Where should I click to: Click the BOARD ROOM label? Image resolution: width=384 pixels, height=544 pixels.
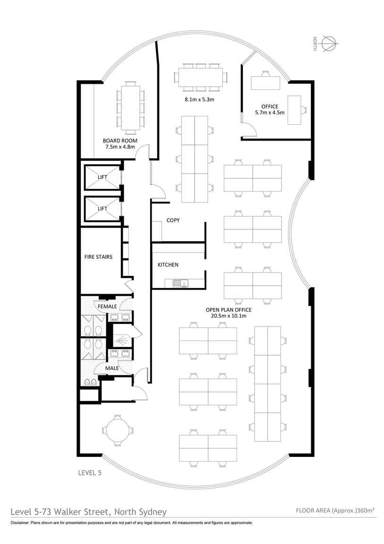pos(120,140)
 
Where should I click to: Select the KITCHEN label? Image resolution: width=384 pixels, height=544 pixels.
pos(168,265)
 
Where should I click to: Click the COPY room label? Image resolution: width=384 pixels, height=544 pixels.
pos(173,220)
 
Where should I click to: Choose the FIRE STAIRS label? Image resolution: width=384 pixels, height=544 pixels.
pos(98,257)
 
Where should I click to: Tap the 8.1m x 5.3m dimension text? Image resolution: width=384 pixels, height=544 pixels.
pos(199,99)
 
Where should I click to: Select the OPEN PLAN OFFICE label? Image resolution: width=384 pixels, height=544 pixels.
pos(229,310)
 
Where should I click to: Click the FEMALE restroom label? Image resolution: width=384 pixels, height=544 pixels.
pos(107,307)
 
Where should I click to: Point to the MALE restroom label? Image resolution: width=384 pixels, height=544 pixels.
pos(112,368)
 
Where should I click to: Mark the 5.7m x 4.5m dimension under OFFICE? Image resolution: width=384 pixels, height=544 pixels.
pos(270,113)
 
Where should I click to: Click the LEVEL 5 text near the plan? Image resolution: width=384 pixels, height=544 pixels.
pos(90,473)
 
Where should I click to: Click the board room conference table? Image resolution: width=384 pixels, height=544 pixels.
pos(130,107)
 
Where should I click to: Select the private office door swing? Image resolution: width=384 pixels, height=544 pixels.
pos(249,130)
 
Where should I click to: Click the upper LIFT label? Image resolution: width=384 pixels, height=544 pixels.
pos(102,177)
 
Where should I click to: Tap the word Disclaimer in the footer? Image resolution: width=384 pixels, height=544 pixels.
pos(20,523)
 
